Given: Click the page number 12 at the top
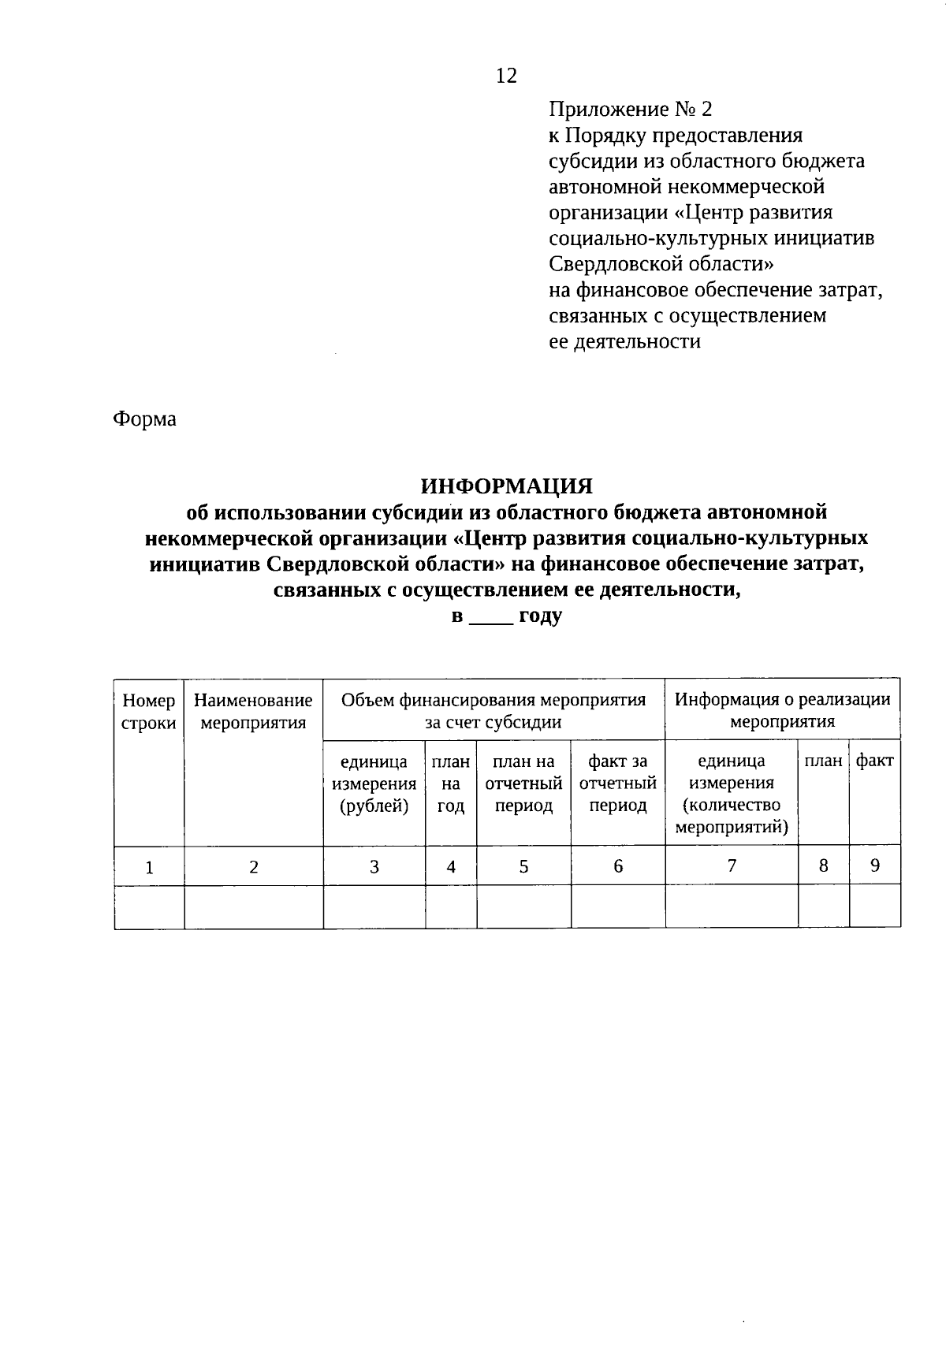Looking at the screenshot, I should coord(506,76).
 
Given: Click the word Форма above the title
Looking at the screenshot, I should coord(144,419).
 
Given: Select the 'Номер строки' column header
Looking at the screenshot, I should coord(149,711).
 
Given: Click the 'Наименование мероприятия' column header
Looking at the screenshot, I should coord(253,711).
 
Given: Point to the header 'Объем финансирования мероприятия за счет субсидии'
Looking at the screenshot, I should coord(493,710).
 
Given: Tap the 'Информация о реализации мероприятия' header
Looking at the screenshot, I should coord(783,710).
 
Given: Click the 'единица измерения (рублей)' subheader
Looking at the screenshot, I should coord(374,783).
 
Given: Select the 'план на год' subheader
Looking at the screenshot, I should coord(451,783).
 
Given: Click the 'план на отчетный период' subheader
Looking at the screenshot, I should coord(523,783).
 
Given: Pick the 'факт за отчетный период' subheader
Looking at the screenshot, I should coord(618,783).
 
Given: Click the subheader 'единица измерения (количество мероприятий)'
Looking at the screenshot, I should coord(732,794).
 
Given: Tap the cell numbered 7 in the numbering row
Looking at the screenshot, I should coord(732,865).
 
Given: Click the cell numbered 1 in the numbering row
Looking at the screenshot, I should coord(149,867).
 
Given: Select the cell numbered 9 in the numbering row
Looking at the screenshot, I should coord(875,865).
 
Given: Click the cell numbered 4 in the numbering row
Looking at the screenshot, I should coord(451,867).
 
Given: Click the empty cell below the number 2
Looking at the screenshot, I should coord(253,906).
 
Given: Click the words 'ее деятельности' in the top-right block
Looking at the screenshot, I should coord(624,342).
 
